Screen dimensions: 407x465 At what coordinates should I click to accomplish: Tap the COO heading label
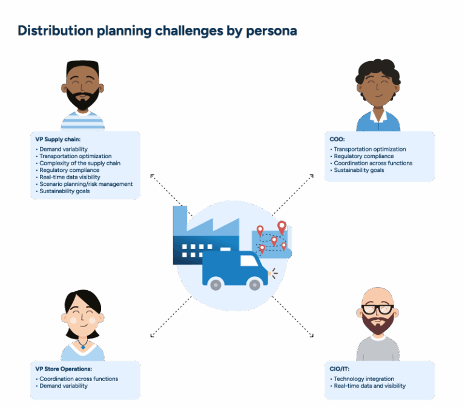(x=337, y=140)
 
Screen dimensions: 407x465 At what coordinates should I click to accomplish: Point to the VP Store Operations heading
(x=64, y=369)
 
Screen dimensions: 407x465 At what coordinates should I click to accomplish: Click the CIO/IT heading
(x=340, y=369)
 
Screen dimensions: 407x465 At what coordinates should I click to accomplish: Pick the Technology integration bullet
(x=364, y=379)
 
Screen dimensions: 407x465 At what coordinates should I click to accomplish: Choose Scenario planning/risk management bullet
(x=86, y=184)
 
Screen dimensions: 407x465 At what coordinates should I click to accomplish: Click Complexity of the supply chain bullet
(x=80, y=164)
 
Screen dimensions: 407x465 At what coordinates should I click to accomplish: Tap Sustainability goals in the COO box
(x=359, y=171)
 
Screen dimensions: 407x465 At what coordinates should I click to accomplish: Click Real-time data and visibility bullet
(x=370, y=386)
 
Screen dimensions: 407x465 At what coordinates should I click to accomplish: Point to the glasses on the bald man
(x=377, y=309)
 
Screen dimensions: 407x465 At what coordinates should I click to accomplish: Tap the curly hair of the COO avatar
(x=378, y=71)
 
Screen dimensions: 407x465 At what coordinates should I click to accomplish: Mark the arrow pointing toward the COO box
(x=311, y=177)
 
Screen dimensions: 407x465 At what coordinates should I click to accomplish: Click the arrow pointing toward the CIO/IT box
(x=311, y=334)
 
